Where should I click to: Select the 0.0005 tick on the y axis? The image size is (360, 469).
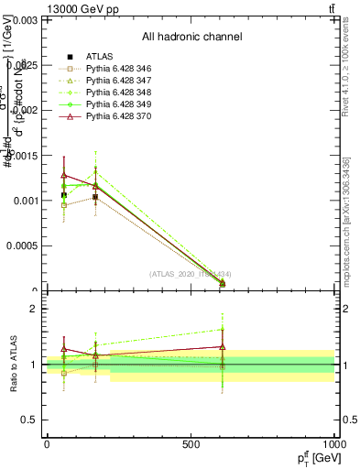point(21,245)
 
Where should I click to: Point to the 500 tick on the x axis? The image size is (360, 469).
point(191,444)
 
